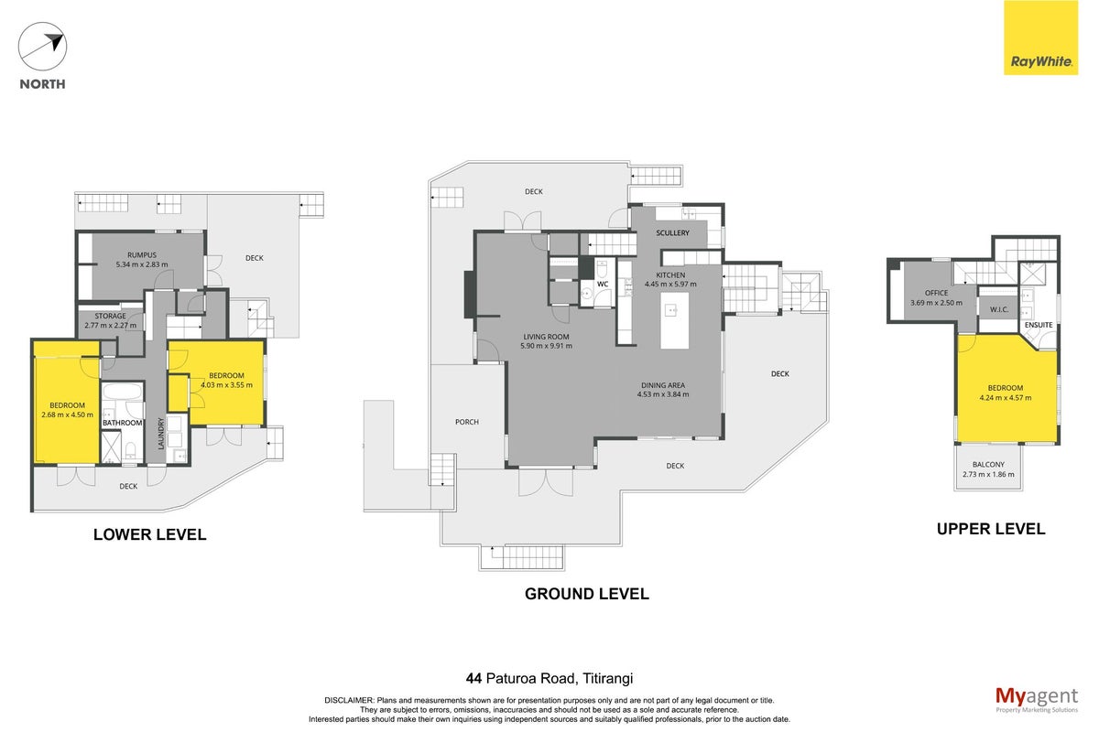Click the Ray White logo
1040,38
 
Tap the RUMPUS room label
142,255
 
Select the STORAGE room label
111,316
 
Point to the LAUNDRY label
160,434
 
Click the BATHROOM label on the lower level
122,423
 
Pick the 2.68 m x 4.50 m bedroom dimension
67,414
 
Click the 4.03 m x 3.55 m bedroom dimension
227,385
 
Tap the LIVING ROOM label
546,337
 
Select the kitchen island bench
675,320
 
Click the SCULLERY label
672,233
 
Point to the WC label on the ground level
603,285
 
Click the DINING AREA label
663,385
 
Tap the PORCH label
466,422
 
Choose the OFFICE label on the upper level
936,293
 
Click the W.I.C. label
999,310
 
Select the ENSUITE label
1039,325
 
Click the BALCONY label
988,464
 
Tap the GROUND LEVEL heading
587,594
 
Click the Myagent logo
1037,700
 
